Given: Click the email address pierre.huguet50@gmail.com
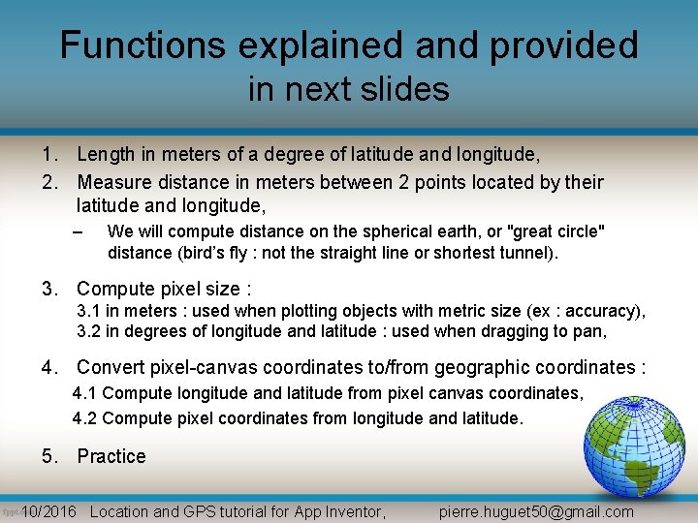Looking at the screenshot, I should point(536,511).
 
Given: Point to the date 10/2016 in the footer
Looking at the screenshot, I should point(48,511).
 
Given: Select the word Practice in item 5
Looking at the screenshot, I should point(111,456).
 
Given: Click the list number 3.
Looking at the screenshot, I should point(48,289).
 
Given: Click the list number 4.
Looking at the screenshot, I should point(48,367).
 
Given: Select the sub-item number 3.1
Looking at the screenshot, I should point(89,311).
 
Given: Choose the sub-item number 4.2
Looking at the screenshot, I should point(84,418).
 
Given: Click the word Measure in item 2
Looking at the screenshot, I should point(116,182).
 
